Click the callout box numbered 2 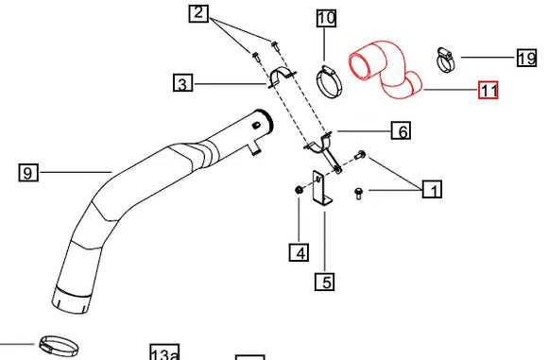197,13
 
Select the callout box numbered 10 325,18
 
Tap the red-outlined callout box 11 488,91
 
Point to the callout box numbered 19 526,59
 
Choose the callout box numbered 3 183,84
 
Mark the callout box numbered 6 402,131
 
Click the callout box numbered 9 28,172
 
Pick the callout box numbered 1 432,191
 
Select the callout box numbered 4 299,252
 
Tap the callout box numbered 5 325,281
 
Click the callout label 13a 163,353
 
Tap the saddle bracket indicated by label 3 282,77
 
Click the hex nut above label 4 299,192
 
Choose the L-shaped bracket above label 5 322,188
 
